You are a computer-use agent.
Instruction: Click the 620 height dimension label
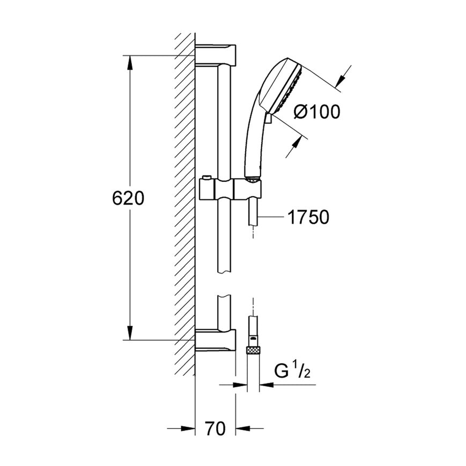click(x=128, y=198)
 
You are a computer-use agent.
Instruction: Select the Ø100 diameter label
click(x=317, y=112)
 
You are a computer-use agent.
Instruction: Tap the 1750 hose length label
click(x=308, y=217)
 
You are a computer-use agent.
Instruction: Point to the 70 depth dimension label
click(x=215, y=428)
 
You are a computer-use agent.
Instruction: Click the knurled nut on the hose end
click(x=253, y=350)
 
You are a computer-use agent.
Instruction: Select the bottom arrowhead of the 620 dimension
click(x=130, y=332)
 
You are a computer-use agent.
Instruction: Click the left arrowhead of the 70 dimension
click(x=188, y=428)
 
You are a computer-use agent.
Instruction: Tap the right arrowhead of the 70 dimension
click(x=243, y=428)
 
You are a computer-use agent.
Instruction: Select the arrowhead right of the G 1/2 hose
click(x=267, y=385)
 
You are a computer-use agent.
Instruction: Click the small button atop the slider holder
click(x=206, y=177)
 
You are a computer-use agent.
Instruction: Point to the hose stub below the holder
click(x=253, y=212)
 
